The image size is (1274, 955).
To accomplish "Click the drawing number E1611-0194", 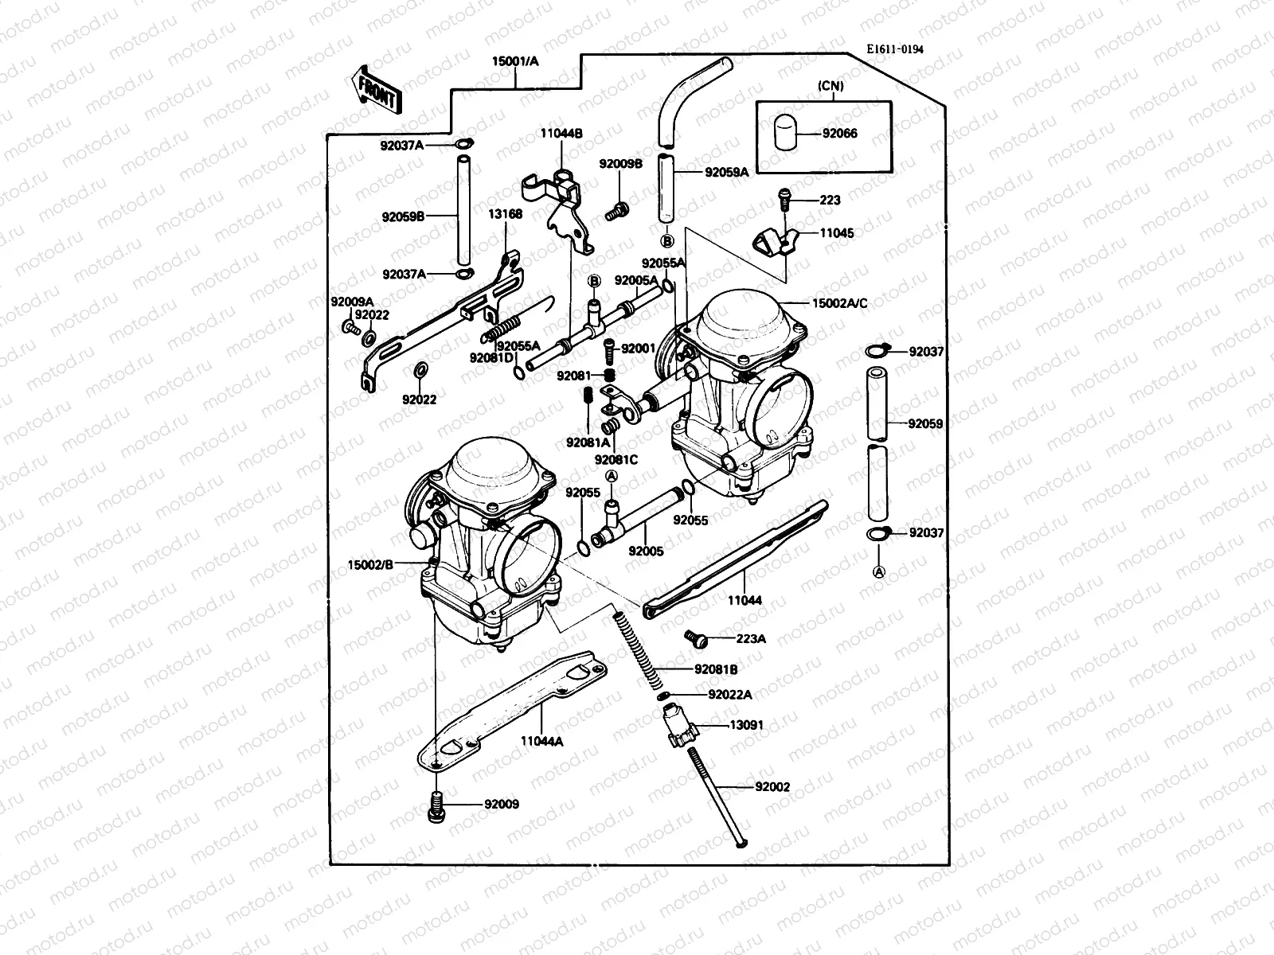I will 895,49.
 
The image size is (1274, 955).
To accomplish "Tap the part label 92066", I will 841,134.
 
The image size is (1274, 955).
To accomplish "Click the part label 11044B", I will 562,134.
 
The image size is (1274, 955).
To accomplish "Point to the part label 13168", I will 506,214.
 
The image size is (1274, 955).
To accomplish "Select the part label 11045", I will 837,233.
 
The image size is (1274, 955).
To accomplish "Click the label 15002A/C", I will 839,303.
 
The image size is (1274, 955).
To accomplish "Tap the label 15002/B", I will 371,565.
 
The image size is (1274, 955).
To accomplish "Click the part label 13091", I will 748,726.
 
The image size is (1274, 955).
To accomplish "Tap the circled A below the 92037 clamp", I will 879,571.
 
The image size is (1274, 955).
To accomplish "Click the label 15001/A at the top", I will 515,60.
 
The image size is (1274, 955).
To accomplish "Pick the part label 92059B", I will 403,216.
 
